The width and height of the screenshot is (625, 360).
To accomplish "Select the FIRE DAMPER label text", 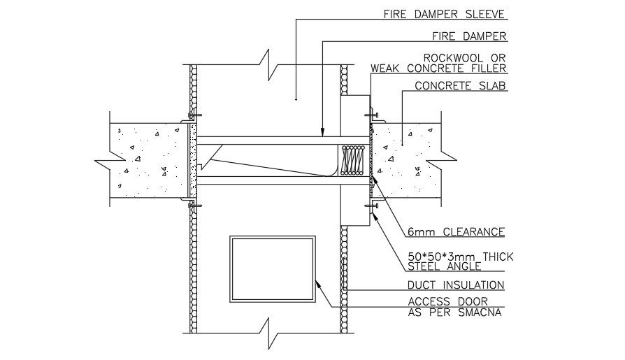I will click(x=470, y=36).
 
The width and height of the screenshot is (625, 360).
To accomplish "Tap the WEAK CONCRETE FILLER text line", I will click(x=438, y=69).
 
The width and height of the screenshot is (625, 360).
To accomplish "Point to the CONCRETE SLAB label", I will click(x=460, y=87).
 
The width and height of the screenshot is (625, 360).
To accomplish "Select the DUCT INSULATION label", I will click(x=455, y=285).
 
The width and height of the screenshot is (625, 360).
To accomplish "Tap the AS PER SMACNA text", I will click(x=454, y=312).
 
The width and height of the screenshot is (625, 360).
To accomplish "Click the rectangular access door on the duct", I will click(x=273, y=268).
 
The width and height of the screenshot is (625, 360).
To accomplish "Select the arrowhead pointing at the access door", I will click(x=317, y=282).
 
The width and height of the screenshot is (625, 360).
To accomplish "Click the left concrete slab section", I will click(x=147, y=160).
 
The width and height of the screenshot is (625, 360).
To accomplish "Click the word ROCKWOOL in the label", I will click(x=451, y=57).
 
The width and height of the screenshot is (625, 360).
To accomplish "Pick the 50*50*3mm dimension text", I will click(x=460, y=257).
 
